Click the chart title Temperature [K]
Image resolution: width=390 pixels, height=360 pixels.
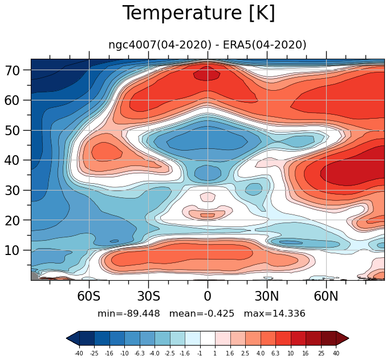[x=199, y=13]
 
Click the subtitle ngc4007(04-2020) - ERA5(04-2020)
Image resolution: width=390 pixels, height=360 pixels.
[x=207, y=45]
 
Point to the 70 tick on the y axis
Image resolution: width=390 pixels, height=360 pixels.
[x=12, y=71]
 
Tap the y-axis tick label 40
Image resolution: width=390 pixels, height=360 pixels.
[x=12, y=160]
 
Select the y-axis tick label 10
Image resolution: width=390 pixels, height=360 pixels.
[x=12, y=250]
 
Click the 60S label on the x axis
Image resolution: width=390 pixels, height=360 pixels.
[x=89, y=296]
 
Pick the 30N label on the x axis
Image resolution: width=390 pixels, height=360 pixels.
[x=267, y=296]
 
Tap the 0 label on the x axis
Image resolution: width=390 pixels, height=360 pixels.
[x=208, y=296]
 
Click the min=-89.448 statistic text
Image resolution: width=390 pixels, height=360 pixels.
[x=129, y=313]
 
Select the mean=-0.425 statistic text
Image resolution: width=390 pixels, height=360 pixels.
[x=202, y=313]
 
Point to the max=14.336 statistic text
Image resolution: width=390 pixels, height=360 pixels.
[x=274, y=313]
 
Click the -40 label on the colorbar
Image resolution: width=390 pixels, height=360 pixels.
[x=79, y=353]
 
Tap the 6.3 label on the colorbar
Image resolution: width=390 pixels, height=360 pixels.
[x=275, y=353]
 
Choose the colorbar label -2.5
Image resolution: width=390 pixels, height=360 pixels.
[x=170, y=353]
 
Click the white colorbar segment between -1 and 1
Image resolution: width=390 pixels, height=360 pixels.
[x=208, y=338]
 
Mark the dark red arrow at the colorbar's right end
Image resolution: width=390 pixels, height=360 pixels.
[x=342, y=338]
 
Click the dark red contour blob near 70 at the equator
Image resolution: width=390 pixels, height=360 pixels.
[x=207, y=74]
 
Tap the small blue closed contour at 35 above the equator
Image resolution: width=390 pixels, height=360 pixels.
[x=208, y=173]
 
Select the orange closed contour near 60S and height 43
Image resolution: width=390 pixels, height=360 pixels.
[x=107, y=152]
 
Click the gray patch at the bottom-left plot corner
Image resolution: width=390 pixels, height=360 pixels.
[x=34, y=276]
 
